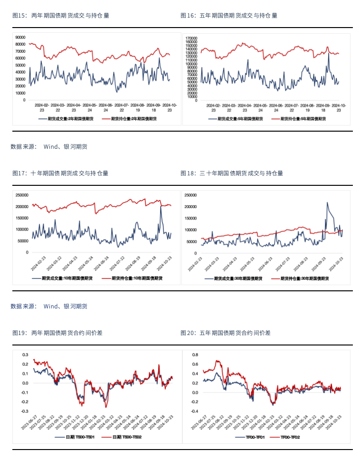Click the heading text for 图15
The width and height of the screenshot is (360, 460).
[61, 16]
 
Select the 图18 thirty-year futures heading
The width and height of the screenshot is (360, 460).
[232, 173]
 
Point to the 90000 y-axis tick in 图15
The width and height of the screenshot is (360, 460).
[20, 37]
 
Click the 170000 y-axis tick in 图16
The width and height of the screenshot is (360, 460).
[192, 37]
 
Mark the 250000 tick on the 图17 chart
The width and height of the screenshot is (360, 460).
[22, 195]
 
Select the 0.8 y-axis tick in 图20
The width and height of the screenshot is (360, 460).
[195, 355]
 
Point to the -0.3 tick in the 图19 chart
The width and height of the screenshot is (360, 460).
[24, 411]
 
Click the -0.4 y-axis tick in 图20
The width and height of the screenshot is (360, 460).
[194, 411]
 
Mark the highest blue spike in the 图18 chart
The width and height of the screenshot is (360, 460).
[327, 202]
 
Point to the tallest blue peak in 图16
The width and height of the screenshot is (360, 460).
[329, 52]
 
